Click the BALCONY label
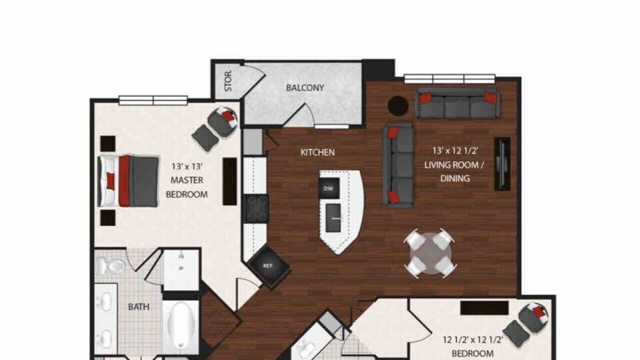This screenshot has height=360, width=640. point(305,87)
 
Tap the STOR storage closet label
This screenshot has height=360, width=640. point(228,81)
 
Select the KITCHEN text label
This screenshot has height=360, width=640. point(317,152)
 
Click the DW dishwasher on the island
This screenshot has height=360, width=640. point(329,188)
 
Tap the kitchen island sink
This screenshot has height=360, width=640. point(333,217)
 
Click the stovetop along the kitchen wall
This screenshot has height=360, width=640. point(255,209)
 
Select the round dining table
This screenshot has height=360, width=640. point(430,253)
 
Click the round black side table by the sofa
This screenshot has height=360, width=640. point(398,106)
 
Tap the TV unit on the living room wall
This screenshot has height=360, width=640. point(502,164)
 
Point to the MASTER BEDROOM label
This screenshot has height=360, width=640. point(187,187)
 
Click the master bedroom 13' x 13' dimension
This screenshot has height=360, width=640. point(187,166)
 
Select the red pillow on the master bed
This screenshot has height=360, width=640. point(110,181)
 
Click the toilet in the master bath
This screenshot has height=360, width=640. point(110,266)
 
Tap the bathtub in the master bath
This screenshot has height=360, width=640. point(181,325)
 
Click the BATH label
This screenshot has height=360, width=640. point(138,307)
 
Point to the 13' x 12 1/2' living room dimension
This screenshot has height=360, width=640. point(455,151)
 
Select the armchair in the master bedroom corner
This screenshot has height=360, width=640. point(222,122)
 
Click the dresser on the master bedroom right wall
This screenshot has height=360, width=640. point(229,181)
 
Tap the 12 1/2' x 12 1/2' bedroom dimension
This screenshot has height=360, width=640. point(473,340)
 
